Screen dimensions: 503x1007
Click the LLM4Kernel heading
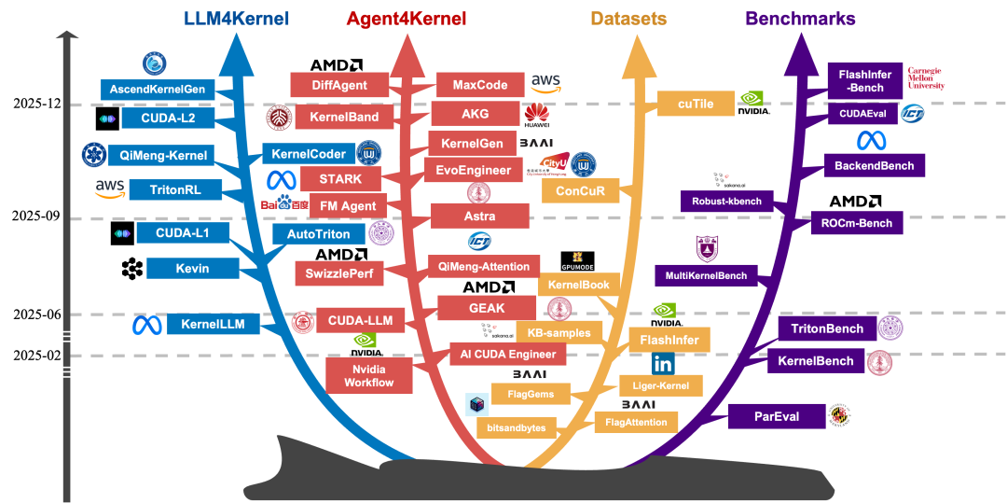pos(237,19)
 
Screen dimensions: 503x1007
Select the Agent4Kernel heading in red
pos(406,19)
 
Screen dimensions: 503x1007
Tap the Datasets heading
pos(628,19)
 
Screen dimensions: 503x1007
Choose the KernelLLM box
pos(213,325)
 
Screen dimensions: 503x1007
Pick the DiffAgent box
pos(338,85)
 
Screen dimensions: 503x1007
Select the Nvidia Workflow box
pos(368,375)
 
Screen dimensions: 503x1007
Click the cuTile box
pos(696,104)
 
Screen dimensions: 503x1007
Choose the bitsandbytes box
pos(517,428)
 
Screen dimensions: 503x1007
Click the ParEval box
pos(777,416)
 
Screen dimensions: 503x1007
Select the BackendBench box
pos(875,166)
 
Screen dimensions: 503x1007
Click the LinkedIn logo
pos(663,365)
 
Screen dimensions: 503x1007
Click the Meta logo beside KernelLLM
pos(146,325)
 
